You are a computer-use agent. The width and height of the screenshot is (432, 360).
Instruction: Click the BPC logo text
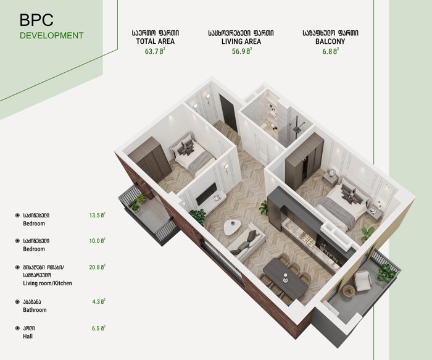click(x=36, y=20)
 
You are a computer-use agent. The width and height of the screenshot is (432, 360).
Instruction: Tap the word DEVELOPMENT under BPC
click(x=51, y=36)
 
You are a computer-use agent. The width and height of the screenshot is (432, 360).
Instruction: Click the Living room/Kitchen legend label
click(x=48, y=283)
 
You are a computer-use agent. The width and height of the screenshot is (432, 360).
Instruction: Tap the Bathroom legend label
click(x=35, y=310)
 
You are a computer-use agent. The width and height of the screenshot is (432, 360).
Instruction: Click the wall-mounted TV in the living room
click(x=206, y=194)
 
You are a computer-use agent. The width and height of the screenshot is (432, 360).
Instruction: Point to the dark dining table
click(x=285, y=278)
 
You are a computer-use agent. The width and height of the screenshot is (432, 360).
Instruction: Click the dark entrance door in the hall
click(x=228, y=113)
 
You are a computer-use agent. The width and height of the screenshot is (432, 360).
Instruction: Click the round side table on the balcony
click(x=349, y=291)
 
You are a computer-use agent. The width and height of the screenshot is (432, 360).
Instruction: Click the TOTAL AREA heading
click(x=156, y=41)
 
